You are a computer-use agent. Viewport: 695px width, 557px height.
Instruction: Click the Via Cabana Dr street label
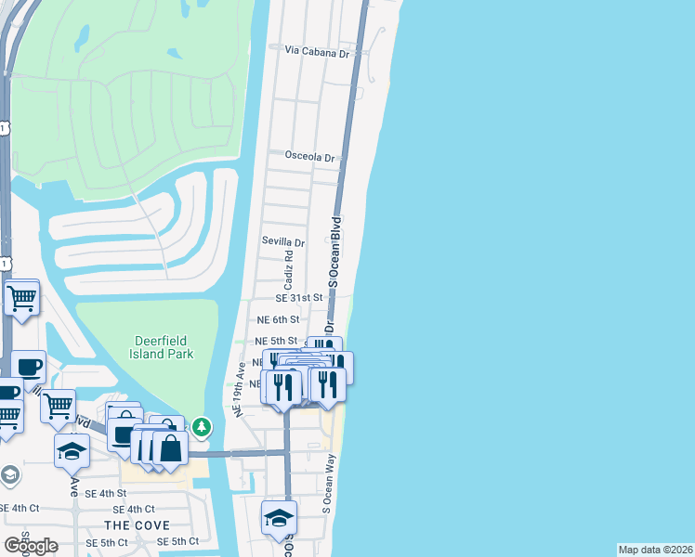coord(317,53)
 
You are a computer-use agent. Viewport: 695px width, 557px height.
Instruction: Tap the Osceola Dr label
coord(309,158)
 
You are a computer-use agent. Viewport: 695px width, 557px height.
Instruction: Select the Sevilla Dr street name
coord(283,242)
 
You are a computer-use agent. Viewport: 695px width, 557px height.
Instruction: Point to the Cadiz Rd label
coord(289,268)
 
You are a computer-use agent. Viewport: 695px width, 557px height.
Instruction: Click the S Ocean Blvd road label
coord(337,246)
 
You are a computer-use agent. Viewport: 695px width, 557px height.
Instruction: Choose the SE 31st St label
coord(298,298)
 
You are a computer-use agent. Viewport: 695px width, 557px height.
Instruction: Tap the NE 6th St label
coord(276,319)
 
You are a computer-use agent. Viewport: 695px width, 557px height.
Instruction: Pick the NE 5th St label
coord(276,342)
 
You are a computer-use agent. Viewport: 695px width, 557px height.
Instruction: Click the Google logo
coord(31,546)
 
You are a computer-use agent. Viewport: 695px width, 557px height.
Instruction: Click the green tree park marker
coord(203,427)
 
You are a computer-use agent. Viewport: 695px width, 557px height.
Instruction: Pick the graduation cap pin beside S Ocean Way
coord(279,518)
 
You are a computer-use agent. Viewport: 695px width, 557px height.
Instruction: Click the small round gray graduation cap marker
coord(9,476)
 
